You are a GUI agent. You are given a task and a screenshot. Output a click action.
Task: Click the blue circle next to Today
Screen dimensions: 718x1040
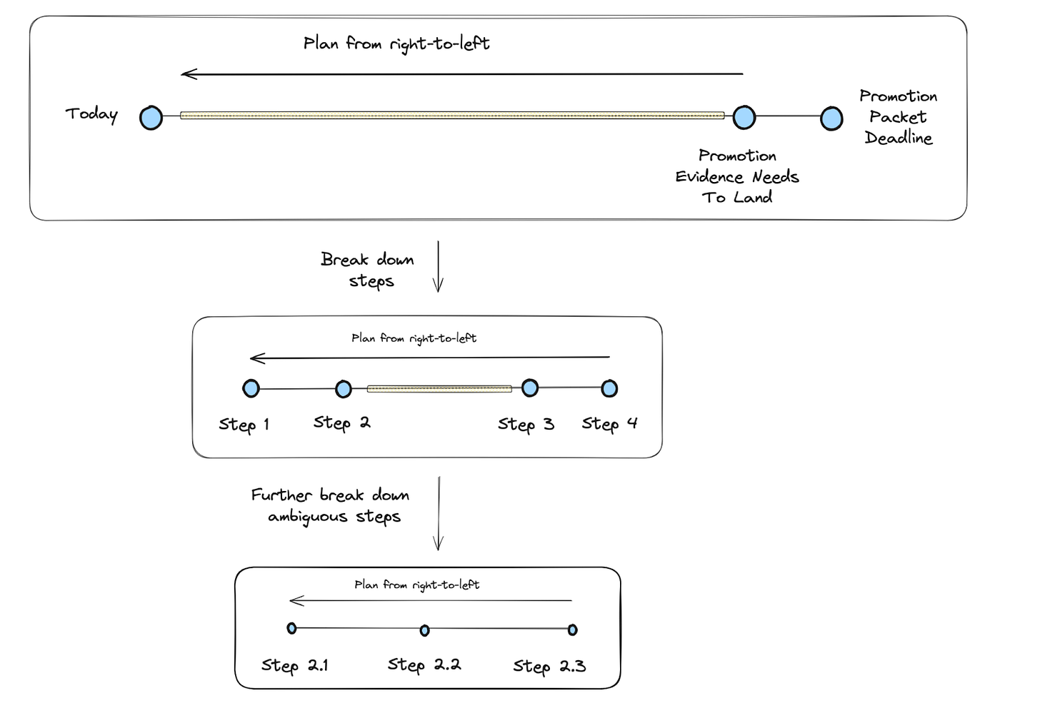pyautogui.click(x=151, y=118)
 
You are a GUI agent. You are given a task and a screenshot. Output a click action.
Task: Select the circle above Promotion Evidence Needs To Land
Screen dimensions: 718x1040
pyautogui.click(x=744, y=117)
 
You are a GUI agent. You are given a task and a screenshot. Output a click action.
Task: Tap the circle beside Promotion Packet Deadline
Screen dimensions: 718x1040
pyautogui.click(x=831, y=118)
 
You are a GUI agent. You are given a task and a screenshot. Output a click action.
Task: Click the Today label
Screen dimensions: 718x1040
pyautogui.click(x=91, y=114)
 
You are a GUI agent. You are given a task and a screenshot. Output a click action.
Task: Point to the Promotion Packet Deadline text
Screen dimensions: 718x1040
pyautogui.click(x=898, y=117)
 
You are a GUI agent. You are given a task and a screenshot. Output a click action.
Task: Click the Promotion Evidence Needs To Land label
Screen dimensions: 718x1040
pyautogui.click(x=737, y=176)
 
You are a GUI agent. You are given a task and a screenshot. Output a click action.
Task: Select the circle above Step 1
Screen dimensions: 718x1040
pyautogui.click(x=251, y=388)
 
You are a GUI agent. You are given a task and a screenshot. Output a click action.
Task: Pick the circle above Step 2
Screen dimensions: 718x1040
pyautogui.click(x=344, y=389)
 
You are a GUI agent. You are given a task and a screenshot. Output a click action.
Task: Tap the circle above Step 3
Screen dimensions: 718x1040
pyautogui.click(x=530, y=388)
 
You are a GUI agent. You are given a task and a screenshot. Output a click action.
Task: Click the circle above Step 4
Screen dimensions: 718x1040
pyautogui.click(x=609, y=388)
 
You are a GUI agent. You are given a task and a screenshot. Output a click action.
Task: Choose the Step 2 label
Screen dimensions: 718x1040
pyautogui.click(x=341, y=423)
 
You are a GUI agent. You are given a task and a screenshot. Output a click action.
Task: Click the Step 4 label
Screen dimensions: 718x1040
pyautogui.click(x=609, y=424)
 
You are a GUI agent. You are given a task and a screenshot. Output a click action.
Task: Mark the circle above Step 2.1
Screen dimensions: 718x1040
pyautogui.click(x=291, y=628)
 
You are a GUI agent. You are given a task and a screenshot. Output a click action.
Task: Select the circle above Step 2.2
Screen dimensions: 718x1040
pyautogui.click(x=425, y=630)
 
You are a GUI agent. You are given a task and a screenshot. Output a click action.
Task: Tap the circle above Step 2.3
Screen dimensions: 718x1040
pyautogui.click(x=572, y=629)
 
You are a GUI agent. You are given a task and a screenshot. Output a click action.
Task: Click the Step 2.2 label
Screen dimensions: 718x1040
pyautogui.click(x=424, y=665)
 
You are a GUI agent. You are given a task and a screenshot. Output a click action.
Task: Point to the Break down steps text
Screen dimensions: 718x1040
pyautogui.click(x=368, y=270)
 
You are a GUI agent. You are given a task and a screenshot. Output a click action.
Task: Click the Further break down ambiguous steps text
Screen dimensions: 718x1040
pyautogui.click(x=331, y=505)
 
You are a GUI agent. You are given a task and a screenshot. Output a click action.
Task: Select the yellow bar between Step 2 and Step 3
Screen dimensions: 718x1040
pyautogui.click(x=439, y=389)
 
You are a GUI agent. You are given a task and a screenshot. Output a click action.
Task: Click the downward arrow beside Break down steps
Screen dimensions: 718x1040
pyautogui.click(x=438, y=267)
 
